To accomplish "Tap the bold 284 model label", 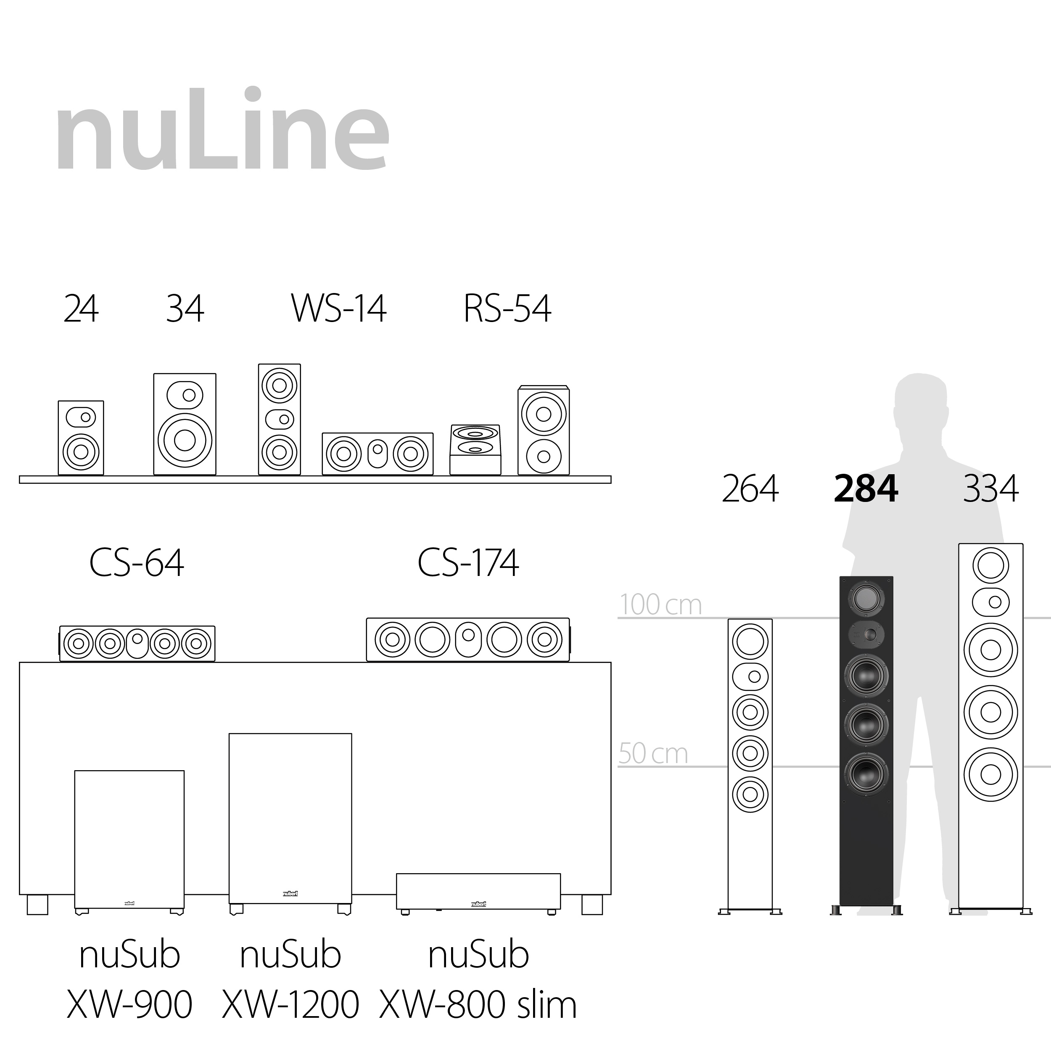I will point(866,489).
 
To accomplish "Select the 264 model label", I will point(750,489).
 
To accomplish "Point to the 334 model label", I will point(990,489).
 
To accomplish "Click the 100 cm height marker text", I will point(660,605).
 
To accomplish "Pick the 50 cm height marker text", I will point(653,753).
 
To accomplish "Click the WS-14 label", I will point(338,309).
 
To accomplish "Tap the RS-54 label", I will point(507,309).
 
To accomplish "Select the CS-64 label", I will point(137,562).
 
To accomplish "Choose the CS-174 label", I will point(468,562).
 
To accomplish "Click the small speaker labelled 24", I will point(81,438).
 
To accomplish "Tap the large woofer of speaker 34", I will point(185,440).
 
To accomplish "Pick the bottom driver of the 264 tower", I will point(750,794).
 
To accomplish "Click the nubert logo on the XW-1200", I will point(290,893).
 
